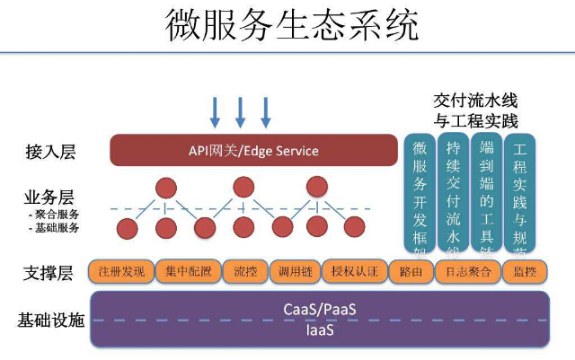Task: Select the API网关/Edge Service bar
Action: point(253,150)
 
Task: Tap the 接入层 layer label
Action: point(50,151)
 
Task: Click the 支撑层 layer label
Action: point(50,271)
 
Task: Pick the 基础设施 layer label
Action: point(50,320)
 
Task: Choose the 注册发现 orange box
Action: point(121,271)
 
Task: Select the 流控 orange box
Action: point(244,271)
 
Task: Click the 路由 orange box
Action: point(410,271)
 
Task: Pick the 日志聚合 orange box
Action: point(462,271)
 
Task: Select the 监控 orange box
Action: point(519,271)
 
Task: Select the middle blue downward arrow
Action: point(240,111)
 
